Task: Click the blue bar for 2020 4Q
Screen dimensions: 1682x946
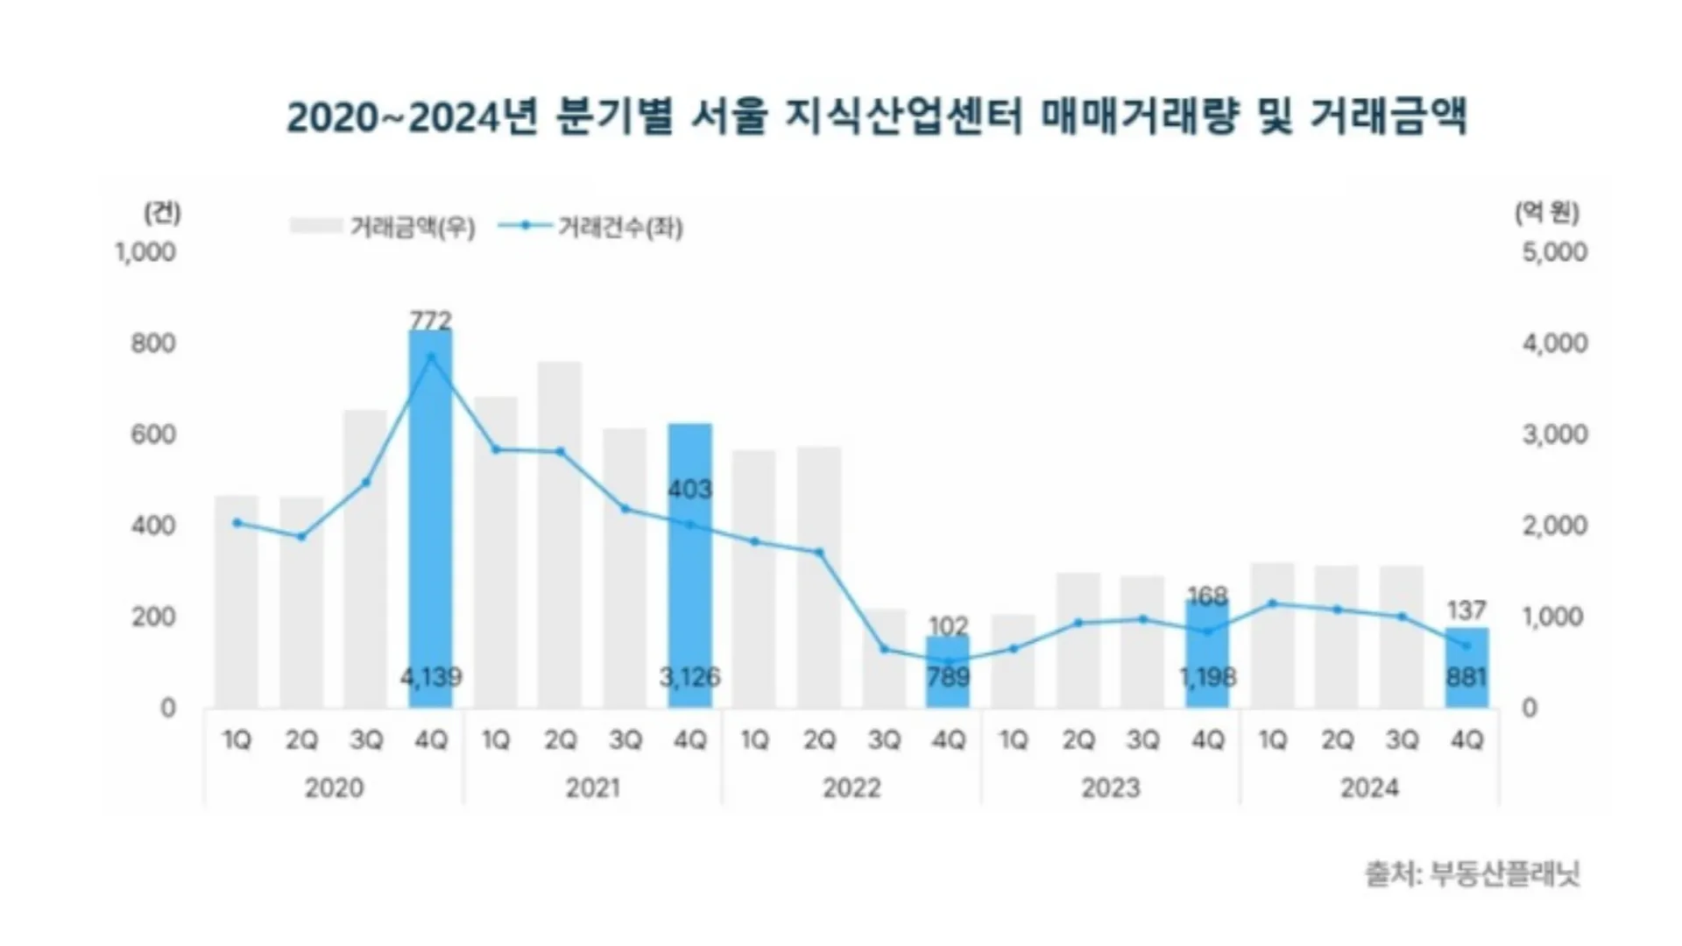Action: (x=431, y=519)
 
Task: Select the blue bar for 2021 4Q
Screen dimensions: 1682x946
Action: (x=690, y=566)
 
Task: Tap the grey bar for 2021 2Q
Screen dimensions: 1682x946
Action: (x=561, y=534)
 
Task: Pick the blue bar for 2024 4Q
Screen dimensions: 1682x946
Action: (x=1467, y=667)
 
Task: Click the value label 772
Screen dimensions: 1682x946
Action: (x=431, y=319)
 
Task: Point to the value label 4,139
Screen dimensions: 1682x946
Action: (x=431, y=677)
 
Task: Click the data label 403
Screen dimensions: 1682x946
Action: (x=690, y=489)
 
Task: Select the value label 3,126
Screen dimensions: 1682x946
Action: (x=690, y=677)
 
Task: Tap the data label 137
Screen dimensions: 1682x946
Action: (x=1467, y=610)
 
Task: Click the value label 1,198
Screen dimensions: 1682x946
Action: (x=1208, y=677)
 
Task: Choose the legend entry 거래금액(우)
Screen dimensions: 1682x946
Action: (x=383, y=227)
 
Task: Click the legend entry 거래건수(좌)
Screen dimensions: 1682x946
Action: (x=590, y=227)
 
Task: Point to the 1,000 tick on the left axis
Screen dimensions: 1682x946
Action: (x=145, y=252)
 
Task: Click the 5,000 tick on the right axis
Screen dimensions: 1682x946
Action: (x=1555, y=252)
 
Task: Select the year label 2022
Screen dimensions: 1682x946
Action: (x=852, y=788)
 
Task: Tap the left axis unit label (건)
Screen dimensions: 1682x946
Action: (x=162, y=213)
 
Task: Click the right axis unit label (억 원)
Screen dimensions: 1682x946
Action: (x=1547, y=213)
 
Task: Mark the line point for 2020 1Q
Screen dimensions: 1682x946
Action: (x=237, y=523)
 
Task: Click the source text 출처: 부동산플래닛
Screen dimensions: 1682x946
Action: (x=1473, y=873)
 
